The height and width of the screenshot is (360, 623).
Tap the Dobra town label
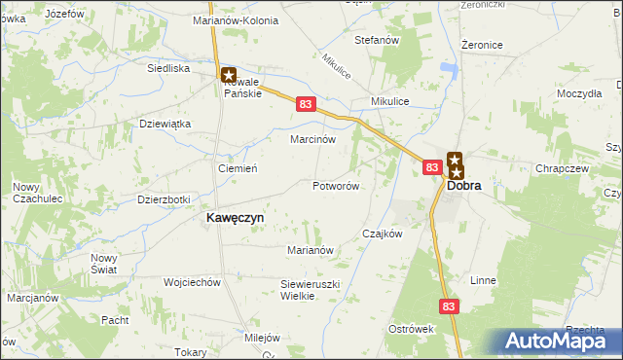(x=463, y=186)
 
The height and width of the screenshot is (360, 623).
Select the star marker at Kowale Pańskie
(x=229, y=73)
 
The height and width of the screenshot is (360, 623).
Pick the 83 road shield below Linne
(x=448, y=306)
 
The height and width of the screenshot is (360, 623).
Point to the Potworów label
(x=337, y=186)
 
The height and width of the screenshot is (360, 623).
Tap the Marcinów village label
(x=313, y=139)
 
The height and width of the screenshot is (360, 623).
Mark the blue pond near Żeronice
(x=449, y=68)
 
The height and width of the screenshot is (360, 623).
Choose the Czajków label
(x=382, y=234)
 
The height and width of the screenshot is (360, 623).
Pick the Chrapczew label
(x=560, y=168)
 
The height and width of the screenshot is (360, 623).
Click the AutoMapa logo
(x=559, y=342)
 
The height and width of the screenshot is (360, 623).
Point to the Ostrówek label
(x=411, y=329)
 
